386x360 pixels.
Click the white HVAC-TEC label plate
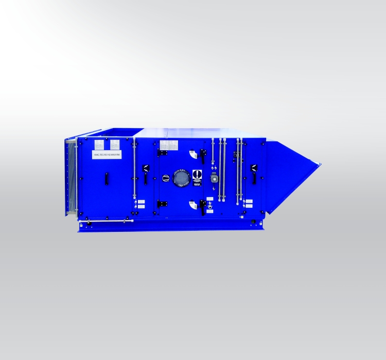click(107, 153)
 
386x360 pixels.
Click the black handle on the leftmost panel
click(107, 178)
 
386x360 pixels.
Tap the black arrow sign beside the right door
click(253, 167)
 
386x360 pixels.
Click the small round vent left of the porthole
click(166, 177)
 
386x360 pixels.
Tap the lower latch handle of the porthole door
click(203, 207)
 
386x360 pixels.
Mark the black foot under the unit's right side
click(253, 222)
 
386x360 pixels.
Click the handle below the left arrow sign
click(146, 178)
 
